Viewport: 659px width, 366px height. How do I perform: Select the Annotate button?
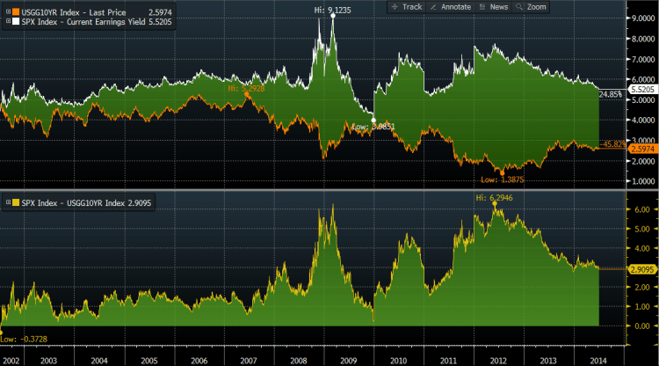point(451,6)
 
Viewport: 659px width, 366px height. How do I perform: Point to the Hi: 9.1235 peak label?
point(334,8)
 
